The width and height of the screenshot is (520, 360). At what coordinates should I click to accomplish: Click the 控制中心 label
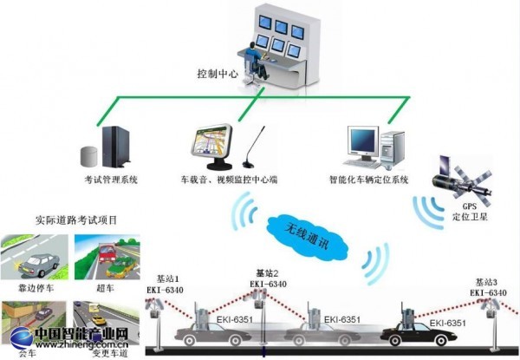218,75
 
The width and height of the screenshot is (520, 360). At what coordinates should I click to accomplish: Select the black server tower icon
114,146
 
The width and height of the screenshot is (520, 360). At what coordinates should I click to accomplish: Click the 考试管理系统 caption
110,180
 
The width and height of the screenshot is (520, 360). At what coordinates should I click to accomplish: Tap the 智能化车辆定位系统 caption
368,180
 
